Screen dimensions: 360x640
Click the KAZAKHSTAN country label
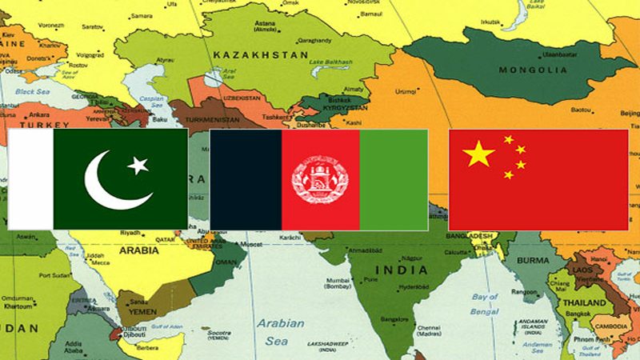[x=260, y=54]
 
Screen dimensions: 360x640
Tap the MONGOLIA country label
[x=532, y=70]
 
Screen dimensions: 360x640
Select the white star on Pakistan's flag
[x=138, y=166]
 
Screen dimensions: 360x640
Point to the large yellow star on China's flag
[x=478, y=153]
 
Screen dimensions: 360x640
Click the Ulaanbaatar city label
[x=559, y=54]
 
